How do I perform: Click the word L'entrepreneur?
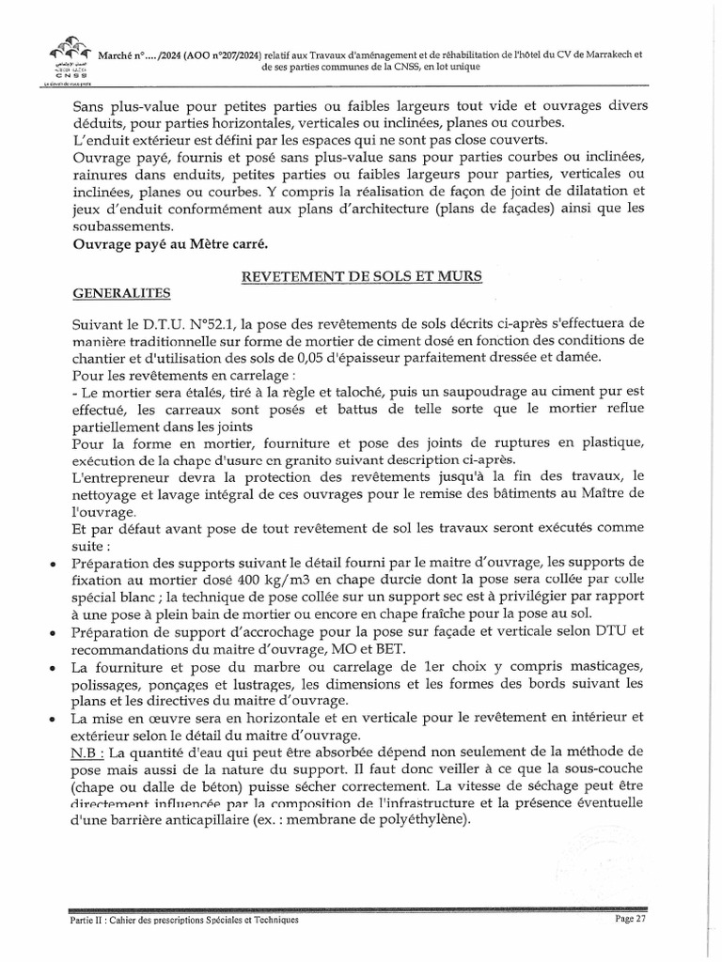click(117, 476)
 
